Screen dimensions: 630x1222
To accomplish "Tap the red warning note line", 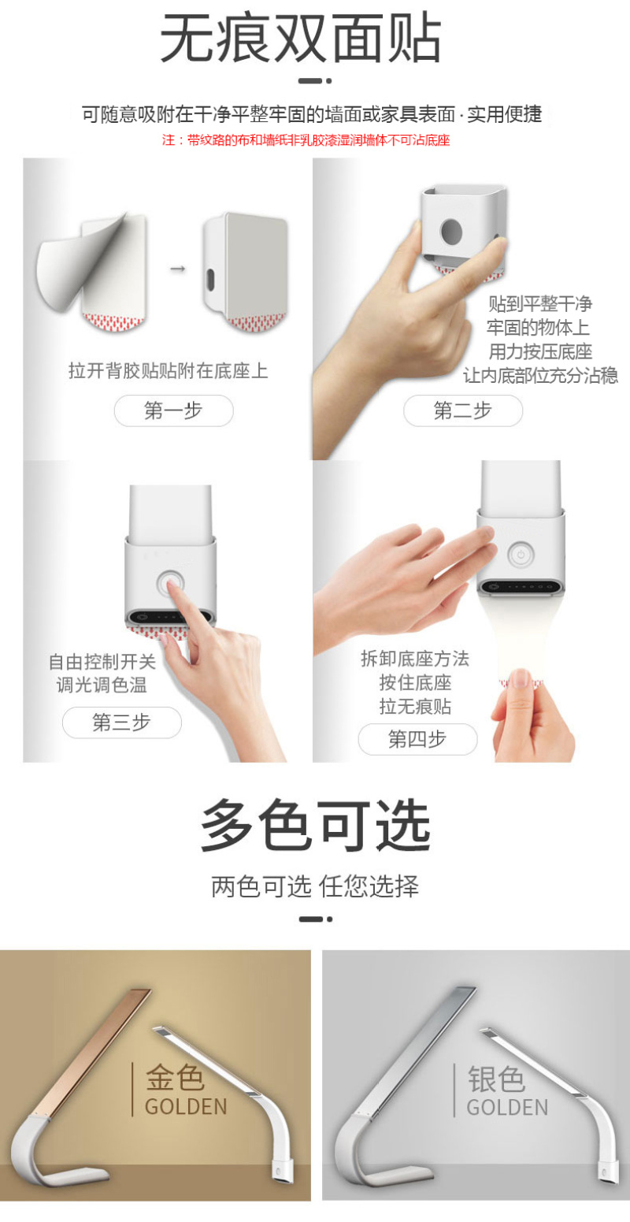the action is (x=306, y=140).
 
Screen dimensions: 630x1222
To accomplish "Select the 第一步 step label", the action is (x=173, y=410).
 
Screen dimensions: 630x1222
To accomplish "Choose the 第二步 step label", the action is (x=463, y=410).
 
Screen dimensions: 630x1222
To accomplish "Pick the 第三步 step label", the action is (x=121, y=722).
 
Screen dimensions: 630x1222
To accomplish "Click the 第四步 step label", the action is (x=417, y=739).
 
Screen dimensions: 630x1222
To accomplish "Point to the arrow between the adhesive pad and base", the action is (x=178, y=269).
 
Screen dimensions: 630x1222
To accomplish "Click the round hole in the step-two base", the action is (x=451, y=232).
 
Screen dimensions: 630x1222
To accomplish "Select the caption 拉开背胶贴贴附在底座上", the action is (x=169, y=371).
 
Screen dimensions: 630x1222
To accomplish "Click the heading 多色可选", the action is (x=316, y=825).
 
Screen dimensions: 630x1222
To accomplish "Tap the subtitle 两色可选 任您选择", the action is (x=315, y=886).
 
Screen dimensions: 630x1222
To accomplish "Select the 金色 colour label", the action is (x=175, y=1078).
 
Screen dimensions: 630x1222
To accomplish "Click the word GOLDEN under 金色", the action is (x=186, y=1107).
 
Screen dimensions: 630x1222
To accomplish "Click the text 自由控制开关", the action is (x=102, y=662).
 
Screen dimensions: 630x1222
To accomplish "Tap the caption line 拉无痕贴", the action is (x=416, y=707).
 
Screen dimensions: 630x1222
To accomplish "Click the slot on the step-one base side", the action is (x=209, y=280).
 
